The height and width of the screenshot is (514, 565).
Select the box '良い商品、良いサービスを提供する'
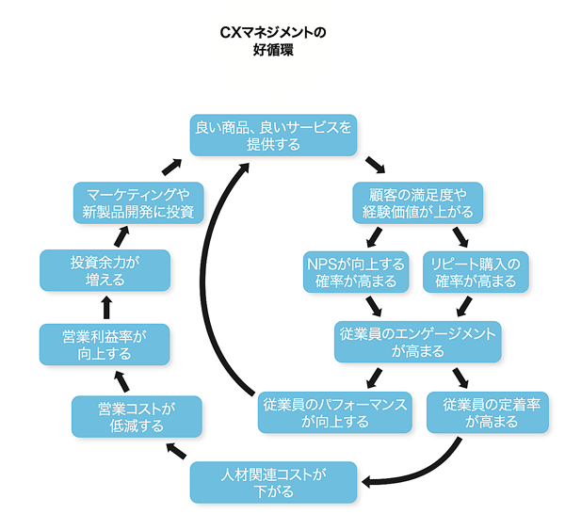(273, 135)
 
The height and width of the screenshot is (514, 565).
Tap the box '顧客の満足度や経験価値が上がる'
(418, 202)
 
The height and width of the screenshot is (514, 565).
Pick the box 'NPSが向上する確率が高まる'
(356, 270)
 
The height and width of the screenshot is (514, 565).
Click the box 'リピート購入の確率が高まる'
(476, 270)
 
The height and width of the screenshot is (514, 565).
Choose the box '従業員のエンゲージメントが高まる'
(417, 342)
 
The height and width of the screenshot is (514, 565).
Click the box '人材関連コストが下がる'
(273, 481)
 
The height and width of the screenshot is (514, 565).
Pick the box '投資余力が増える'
(105, 269)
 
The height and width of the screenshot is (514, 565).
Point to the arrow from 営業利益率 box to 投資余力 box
(105, 306)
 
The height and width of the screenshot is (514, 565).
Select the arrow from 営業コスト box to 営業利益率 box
(119, 380)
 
